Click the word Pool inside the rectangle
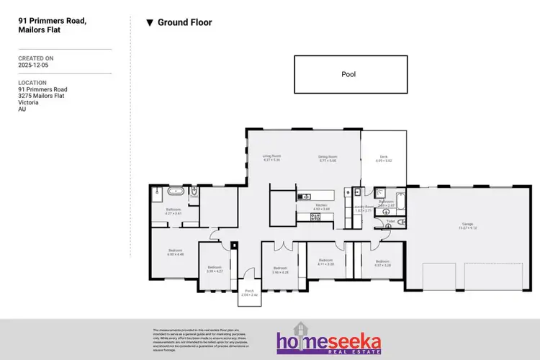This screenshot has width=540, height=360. tap(348, 73)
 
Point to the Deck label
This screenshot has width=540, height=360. tap(383, 158)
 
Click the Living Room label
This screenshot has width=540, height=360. tap(271, 157)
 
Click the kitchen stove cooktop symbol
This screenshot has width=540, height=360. tap(315, 216)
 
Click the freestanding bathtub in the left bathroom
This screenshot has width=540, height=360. tap(175, 193)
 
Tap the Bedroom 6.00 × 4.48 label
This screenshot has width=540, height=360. tap(176, 252)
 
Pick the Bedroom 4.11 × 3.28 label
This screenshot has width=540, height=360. tap(325, 261)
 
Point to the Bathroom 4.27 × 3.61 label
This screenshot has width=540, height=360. tap(174, 211)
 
